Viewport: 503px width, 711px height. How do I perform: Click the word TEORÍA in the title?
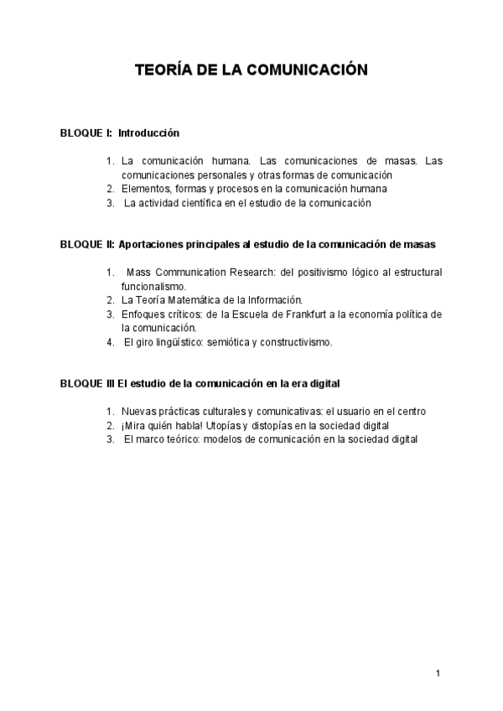(x=163, y=72)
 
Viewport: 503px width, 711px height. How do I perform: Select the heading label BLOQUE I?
(x=86, y=132)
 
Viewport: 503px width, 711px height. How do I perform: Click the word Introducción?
(x=148, y=132)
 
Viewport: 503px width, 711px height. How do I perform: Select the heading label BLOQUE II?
(x=87, y=244)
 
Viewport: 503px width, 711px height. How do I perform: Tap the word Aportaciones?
(x=152, y=244)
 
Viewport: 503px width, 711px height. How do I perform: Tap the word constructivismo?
(x=294, y=341)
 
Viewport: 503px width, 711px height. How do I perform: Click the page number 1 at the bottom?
(x=438, y=673)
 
